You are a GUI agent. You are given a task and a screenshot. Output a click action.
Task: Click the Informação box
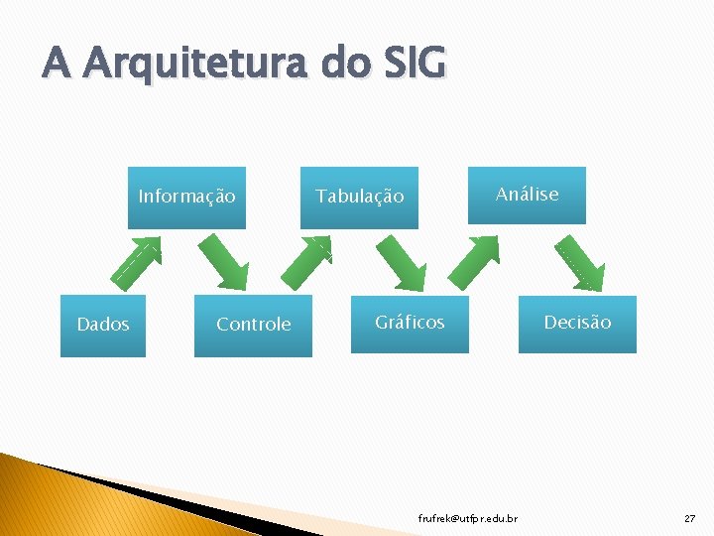pos(187,197)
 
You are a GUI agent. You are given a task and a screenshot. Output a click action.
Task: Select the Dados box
pos(103,325)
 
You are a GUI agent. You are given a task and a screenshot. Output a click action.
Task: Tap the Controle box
pos(254,325)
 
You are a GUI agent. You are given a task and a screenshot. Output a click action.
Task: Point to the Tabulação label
pos(360,197)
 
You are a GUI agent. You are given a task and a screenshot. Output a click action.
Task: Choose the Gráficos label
pos(410,323)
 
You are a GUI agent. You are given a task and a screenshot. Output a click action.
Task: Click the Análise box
pos(528,195)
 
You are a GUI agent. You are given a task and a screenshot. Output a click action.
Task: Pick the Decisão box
pos(577,323)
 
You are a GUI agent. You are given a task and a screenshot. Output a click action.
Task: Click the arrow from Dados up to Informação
pos(136,261)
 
